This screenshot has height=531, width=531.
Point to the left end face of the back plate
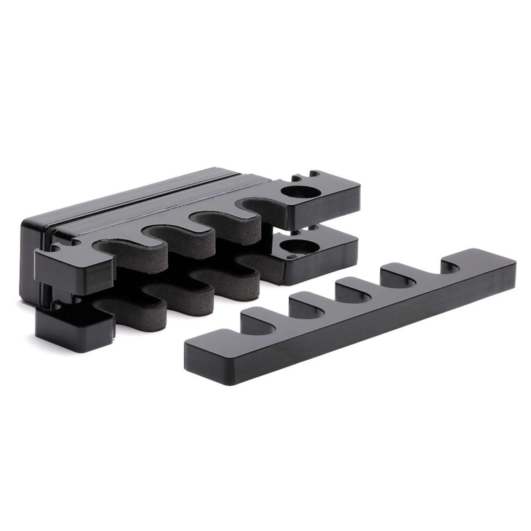27,257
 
